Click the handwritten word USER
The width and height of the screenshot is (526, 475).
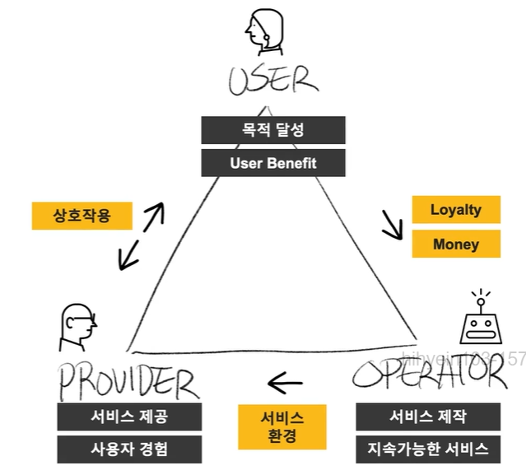[272, 81]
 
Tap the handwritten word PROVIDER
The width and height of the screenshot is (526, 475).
[128, 381]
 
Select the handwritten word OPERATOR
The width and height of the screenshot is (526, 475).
[428, 375]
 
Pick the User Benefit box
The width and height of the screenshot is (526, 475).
[272, 162]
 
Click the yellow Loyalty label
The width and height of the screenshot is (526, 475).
[455, 210]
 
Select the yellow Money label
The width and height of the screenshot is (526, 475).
[455, 244]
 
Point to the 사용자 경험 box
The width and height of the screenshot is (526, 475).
[129, 449]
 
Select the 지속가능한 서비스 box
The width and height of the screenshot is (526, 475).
[427, 449]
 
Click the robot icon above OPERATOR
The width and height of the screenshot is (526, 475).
[482, 324]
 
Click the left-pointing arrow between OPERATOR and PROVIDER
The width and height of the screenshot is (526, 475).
[286, 382]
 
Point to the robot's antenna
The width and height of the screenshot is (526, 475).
[482, 296]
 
